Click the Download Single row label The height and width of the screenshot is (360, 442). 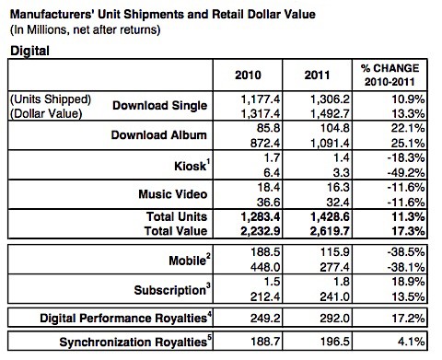[x=157, y=106]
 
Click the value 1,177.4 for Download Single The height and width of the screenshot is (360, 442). [x=251, y=99]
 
